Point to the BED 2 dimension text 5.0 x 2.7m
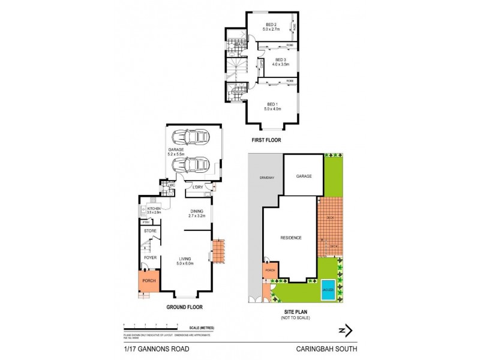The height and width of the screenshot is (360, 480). coord(272,28)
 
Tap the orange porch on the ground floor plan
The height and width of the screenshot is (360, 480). coord(148,281)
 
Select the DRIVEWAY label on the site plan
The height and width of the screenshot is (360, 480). coord(267,178)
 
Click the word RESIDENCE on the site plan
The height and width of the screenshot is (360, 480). coord(290,238)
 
